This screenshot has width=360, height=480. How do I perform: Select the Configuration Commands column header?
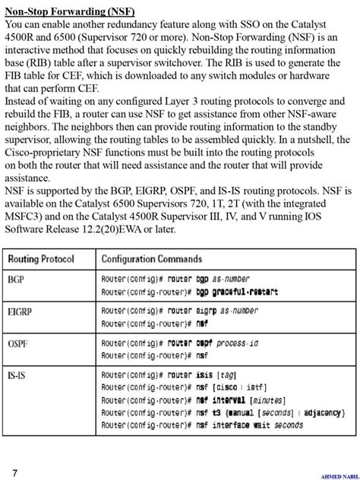152,260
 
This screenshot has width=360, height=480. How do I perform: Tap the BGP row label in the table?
16,279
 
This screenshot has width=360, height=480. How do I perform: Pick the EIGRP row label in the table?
20,311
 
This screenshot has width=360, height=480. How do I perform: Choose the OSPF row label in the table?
18,343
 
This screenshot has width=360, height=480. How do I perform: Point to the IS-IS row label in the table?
17,375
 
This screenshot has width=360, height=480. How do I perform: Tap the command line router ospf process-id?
180,343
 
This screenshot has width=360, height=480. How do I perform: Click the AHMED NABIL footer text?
338,476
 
